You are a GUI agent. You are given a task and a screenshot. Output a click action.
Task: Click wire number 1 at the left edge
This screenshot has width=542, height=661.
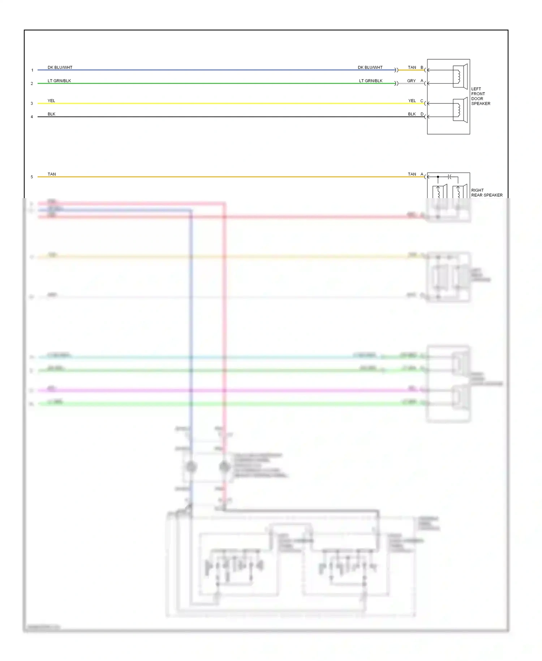tap(32, 70)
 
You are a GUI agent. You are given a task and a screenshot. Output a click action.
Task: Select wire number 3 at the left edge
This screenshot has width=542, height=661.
tap(32, 103)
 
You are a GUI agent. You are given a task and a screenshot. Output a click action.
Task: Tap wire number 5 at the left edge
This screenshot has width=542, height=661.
tap(32, 177)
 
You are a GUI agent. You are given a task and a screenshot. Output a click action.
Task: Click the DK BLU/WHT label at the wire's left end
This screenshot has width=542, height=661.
tap(60, 68)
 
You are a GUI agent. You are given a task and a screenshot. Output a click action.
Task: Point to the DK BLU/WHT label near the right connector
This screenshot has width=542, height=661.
tap(370, 68)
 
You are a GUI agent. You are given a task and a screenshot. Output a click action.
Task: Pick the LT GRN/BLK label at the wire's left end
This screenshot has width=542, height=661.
tap(59, 81)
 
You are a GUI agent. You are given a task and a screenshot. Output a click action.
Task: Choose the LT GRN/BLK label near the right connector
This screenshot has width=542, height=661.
tap(371, 81)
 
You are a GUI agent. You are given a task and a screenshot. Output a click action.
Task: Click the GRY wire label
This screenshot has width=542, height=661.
tap(411, 81)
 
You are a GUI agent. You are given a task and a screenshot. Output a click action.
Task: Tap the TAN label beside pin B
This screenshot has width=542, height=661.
tap(412, 68)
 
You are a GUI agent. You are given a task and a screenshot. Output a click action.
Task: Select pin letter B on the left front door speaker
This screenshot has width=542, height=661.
tap(422, 68)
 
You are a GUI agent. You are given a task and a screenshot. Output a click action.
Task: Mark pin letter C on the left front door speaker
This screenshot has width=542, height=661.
tap(422, 101)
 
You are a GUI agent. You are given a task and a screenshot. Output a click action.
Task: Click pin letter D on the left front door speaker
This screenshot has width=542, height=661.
tap(422, 114)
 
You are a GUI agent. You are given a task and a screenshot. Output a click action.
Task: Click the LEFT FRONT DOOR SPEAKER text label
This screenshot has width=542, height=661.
tap(481, 96)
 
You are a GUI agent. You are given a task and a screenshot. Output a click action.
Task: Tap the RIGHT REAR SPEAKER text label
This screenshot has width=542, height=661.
tap(487, 193)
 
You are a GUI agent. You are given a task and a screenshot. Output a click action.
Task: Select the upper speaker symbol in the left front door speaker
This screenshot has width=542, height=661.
tap(460, 76)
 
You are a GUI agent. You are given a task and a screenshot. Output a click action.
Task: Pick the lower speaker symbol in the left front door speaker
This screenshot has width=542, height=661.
tap(460, 110)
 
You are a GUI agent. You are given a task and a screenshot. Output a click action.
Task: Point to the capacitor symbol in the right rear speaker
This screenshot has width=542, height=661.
tap(450, 177)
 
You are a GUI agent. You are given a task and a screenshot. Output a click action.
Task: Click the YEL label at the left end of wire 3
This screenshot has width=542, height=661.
tap(51, 101)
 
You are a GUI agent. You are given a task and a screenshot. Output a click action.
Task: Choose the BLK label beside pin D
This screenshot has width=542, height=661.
tap(412, 114)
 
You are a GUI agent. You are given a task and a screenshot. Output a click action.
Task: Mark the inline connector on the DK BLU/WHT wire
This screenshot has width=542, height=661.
tap(396, 70)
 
